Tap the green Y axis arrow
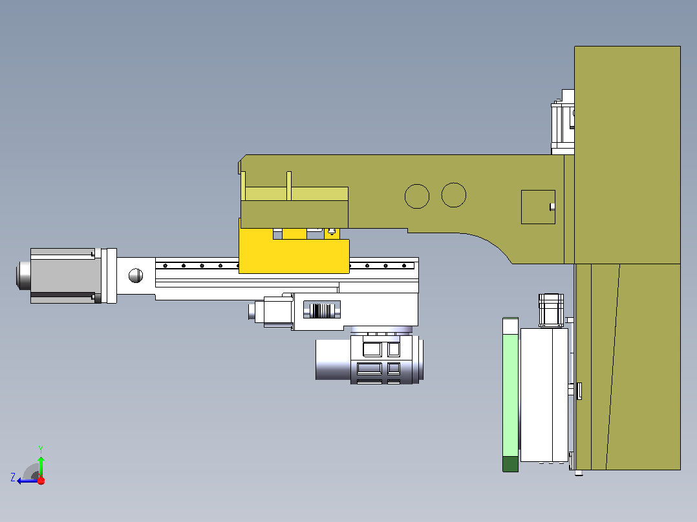click(x=41, y=466)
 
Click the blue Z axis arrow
click(x=28, y=481)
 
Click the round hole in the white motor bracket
click(x=136, y=275)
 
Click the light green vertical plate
click(x=510, y=387)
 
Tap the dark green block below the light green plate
click(x=510, y=464)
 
